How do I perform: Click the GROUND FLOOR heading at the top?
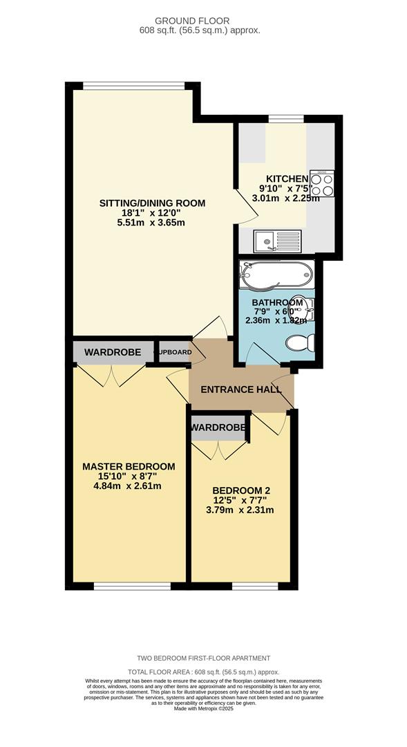tap(203, 21)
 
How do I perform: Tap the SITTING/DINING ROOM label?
tap(153, 203)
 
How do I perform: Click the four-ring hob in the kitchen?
tap(322, 184)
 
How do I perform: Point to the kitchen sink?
tap(276, 241)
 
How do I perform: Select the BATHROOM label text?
tap(277, 303)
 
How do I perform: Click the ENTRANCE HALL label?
tap(240, 389)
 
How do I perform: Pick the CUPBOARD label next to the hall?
tap(173, 352)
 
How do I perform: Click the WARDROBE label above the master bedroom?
tap(113, 353)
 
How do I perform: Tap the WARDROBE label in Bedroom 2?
tap(219, 428)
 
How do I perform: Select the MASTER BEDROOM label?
tap(129, 466)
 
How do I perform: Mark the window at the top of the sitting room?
tap(133, 86)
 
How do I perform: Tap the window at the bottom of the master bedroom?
tap(131, 587)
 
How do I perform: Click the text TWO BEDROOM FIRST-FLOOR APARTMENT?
tap(203, 658)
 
